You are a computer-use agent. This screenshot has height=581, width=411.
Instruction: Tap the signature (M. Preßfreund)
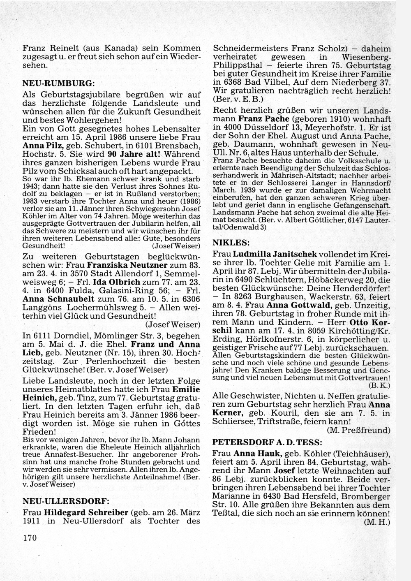tap(358, 430)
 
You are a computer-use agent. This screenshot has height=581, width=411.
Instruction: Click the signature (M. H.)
tap(377, 523)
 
